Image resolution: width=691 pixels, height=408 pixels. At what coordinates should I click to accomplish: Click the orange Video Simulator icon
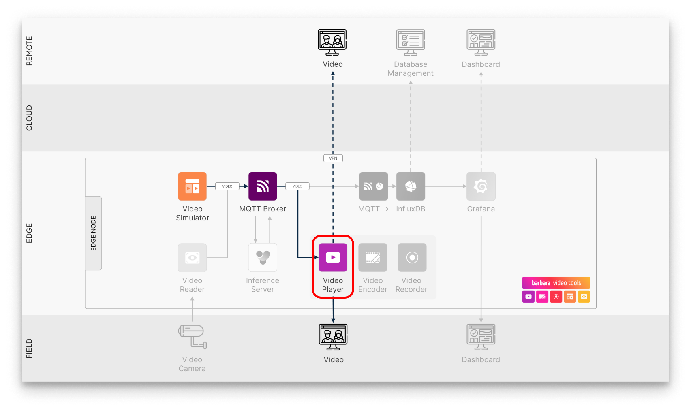(x=192, y=186)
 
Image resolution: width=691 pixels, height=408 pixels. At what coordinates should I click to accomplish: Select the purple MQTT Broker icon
(x=263, y=186)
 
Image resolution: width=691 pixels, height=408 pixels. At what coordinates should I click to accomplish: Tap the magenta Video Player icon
(x=333, y=257)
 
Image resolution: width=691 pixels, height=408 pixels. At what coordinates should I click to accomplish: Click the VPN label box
(x=333, y=158)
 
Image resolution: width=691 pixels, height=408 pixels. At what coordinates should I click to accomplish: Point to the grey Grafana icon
(x=481, y=186)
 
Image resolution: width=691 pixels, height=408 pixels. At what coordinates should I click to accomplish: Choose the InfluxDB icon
(x=411, y=186)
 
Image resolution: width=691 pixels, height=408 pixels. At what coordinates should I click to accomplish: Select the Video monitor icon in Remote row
(x=332, y=42)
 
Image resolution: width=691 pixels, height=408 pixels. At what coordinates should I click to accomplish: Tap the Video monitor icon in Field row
(x=333, y=337)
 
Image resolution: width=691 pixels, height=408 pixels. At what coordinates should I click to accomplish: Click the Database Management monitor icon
(x=411, y=42)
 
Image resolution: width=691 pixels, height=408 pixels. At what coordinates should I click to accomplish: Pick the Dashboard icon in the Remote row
(x=481, y=42)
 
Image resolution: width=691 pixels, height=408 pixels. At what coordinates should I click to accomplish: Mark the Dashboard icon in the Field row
(x=481, y=337)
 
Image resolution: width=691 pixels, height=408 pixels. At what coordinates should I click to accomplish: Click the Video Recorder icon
(x=412, y=257)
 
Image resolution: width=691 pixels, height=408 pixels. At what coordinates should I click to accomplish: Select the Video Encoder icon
(x=373, y=257)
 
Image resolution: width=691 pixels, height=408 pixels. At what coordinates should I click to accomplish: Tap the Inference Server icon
(x=263, y=257)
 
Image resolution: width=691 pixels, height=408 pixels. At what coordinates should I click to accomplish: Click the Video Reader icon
(x=192, y=257)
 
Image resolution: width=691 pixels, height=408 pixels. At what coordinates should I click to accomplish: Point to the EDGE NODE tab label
(x=93, y=233)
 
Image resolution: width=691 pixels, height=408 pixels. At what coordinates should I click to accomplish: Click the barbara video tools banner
(x=556, y=283)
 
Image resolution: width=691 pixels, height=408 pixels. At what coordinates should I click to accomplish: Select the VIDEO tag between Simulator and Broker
(x=227, y=186)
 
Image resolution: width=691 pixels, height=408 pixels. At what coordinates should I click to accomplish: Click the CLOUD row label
(x=29, y=118)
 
